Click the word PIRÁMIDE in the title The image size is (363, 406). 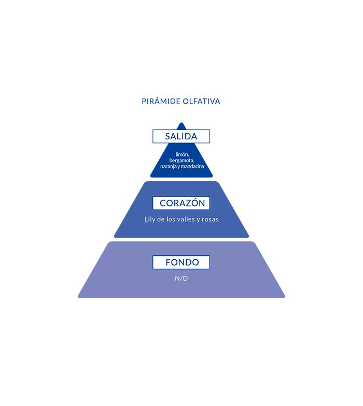(x=161, y=102)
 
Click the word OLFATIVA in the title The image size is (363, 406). (x=201, y=102)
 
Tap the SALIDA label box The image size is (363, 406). (x=181, y=136)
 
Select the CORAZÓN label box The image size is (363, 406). (x=181, y=203)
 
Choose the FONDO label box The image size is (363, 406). (x=181, y=263)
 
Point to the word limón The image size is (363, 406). (x=181, y=155)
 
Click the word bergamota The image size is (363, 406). (x=181, y=161)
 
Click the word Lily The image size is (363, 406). (x=150, y=219)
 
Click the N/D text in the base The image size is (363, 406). (x=181, y=278)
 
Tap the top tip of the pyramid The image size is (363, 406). (x=181, y=123)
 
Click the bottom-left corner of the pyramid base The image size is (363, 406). (x=79, y=297)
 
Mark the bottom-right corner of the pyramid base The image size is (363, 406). (x=284, y=297)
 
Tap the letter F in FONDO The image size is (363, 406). (x=168, y=263)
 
